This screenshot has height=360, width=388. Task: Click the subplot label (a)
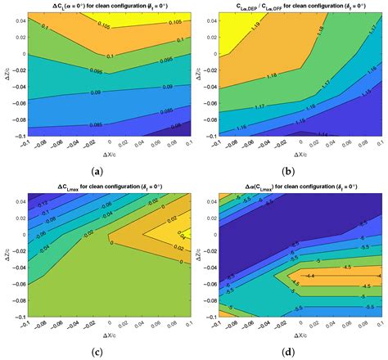98,171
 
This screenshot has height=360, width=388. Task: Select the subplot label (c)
98,353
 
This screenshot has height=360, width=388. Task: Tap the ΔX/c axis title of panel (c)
103,335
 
